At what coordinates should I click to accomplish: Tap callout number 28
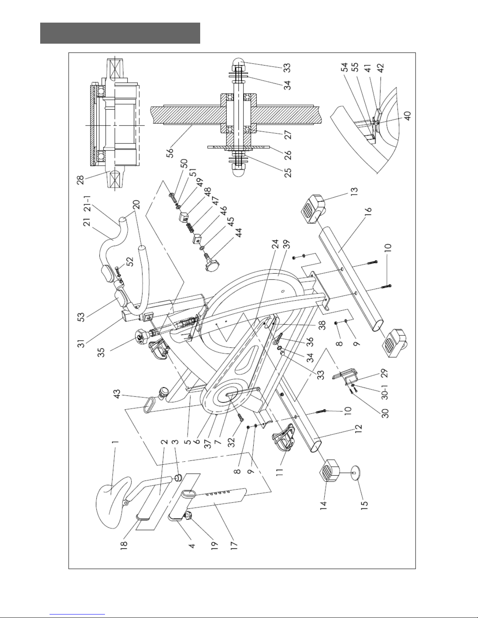click(80, 180)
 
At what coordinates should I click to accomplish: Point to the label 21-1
click(87, 204)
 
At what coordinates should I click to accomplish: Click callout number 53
click(81, 317)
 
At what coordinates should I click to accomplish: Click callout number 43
click(117, 395)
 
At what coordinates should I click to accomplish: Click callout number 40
click(407, 116)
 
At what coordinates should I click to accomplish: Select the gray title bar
click(120, 33)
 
